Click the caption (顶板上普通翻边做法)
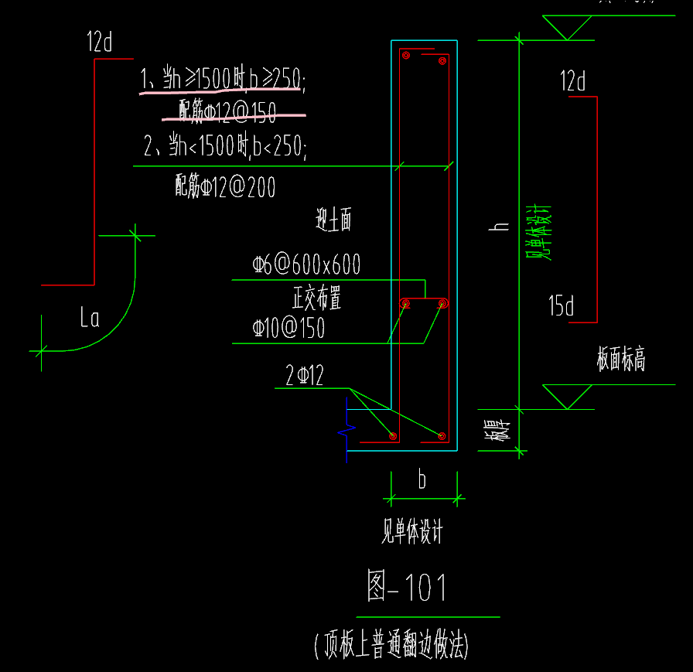pyautogui.click(x=392, y=645)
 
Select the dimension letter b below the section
pyautogui.click(x=422, y=480)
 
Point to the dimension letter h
pyautogui.click(x=500, y=227)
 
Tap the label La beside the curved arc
pyautogui.click(x=90, y=318)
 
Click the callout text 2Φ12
pyautogui.click(x=305, y=377)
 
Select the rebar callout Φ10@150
pyautogui.click(x=288, y=329)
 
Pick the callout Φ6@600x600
pyautogui.click(x=306, y=265)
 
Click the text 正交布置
pyautogui.click(x=316, y=297)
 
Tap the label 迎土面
pyautogui.click(x=333, y=222)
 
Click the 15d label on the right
pyautogui.click(x=562, y=307)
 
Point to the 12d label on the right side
pyautogui.click(x=573, y=81)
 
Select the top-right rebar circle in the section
pyautogui.click(x=442, y=60)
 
